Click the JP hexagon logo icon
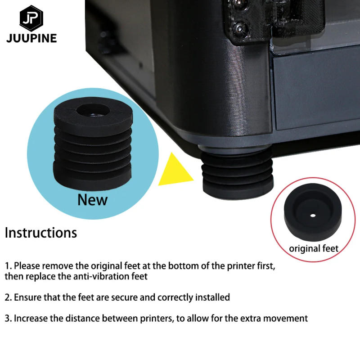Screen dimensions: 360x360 coord(31,18)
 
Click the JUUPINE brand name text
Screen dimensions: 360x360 coord(31,38)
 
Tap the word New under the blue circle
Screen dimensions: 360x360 coord(92,199)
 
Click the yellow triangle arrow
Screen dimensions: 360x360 coord(177,170)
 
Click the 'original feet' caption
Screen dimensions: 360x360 coord(313,248)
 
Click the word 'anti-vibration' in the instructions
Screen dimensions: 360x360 coord(99,276)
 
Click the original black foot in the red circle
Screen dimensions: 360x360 coord(313,215)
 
